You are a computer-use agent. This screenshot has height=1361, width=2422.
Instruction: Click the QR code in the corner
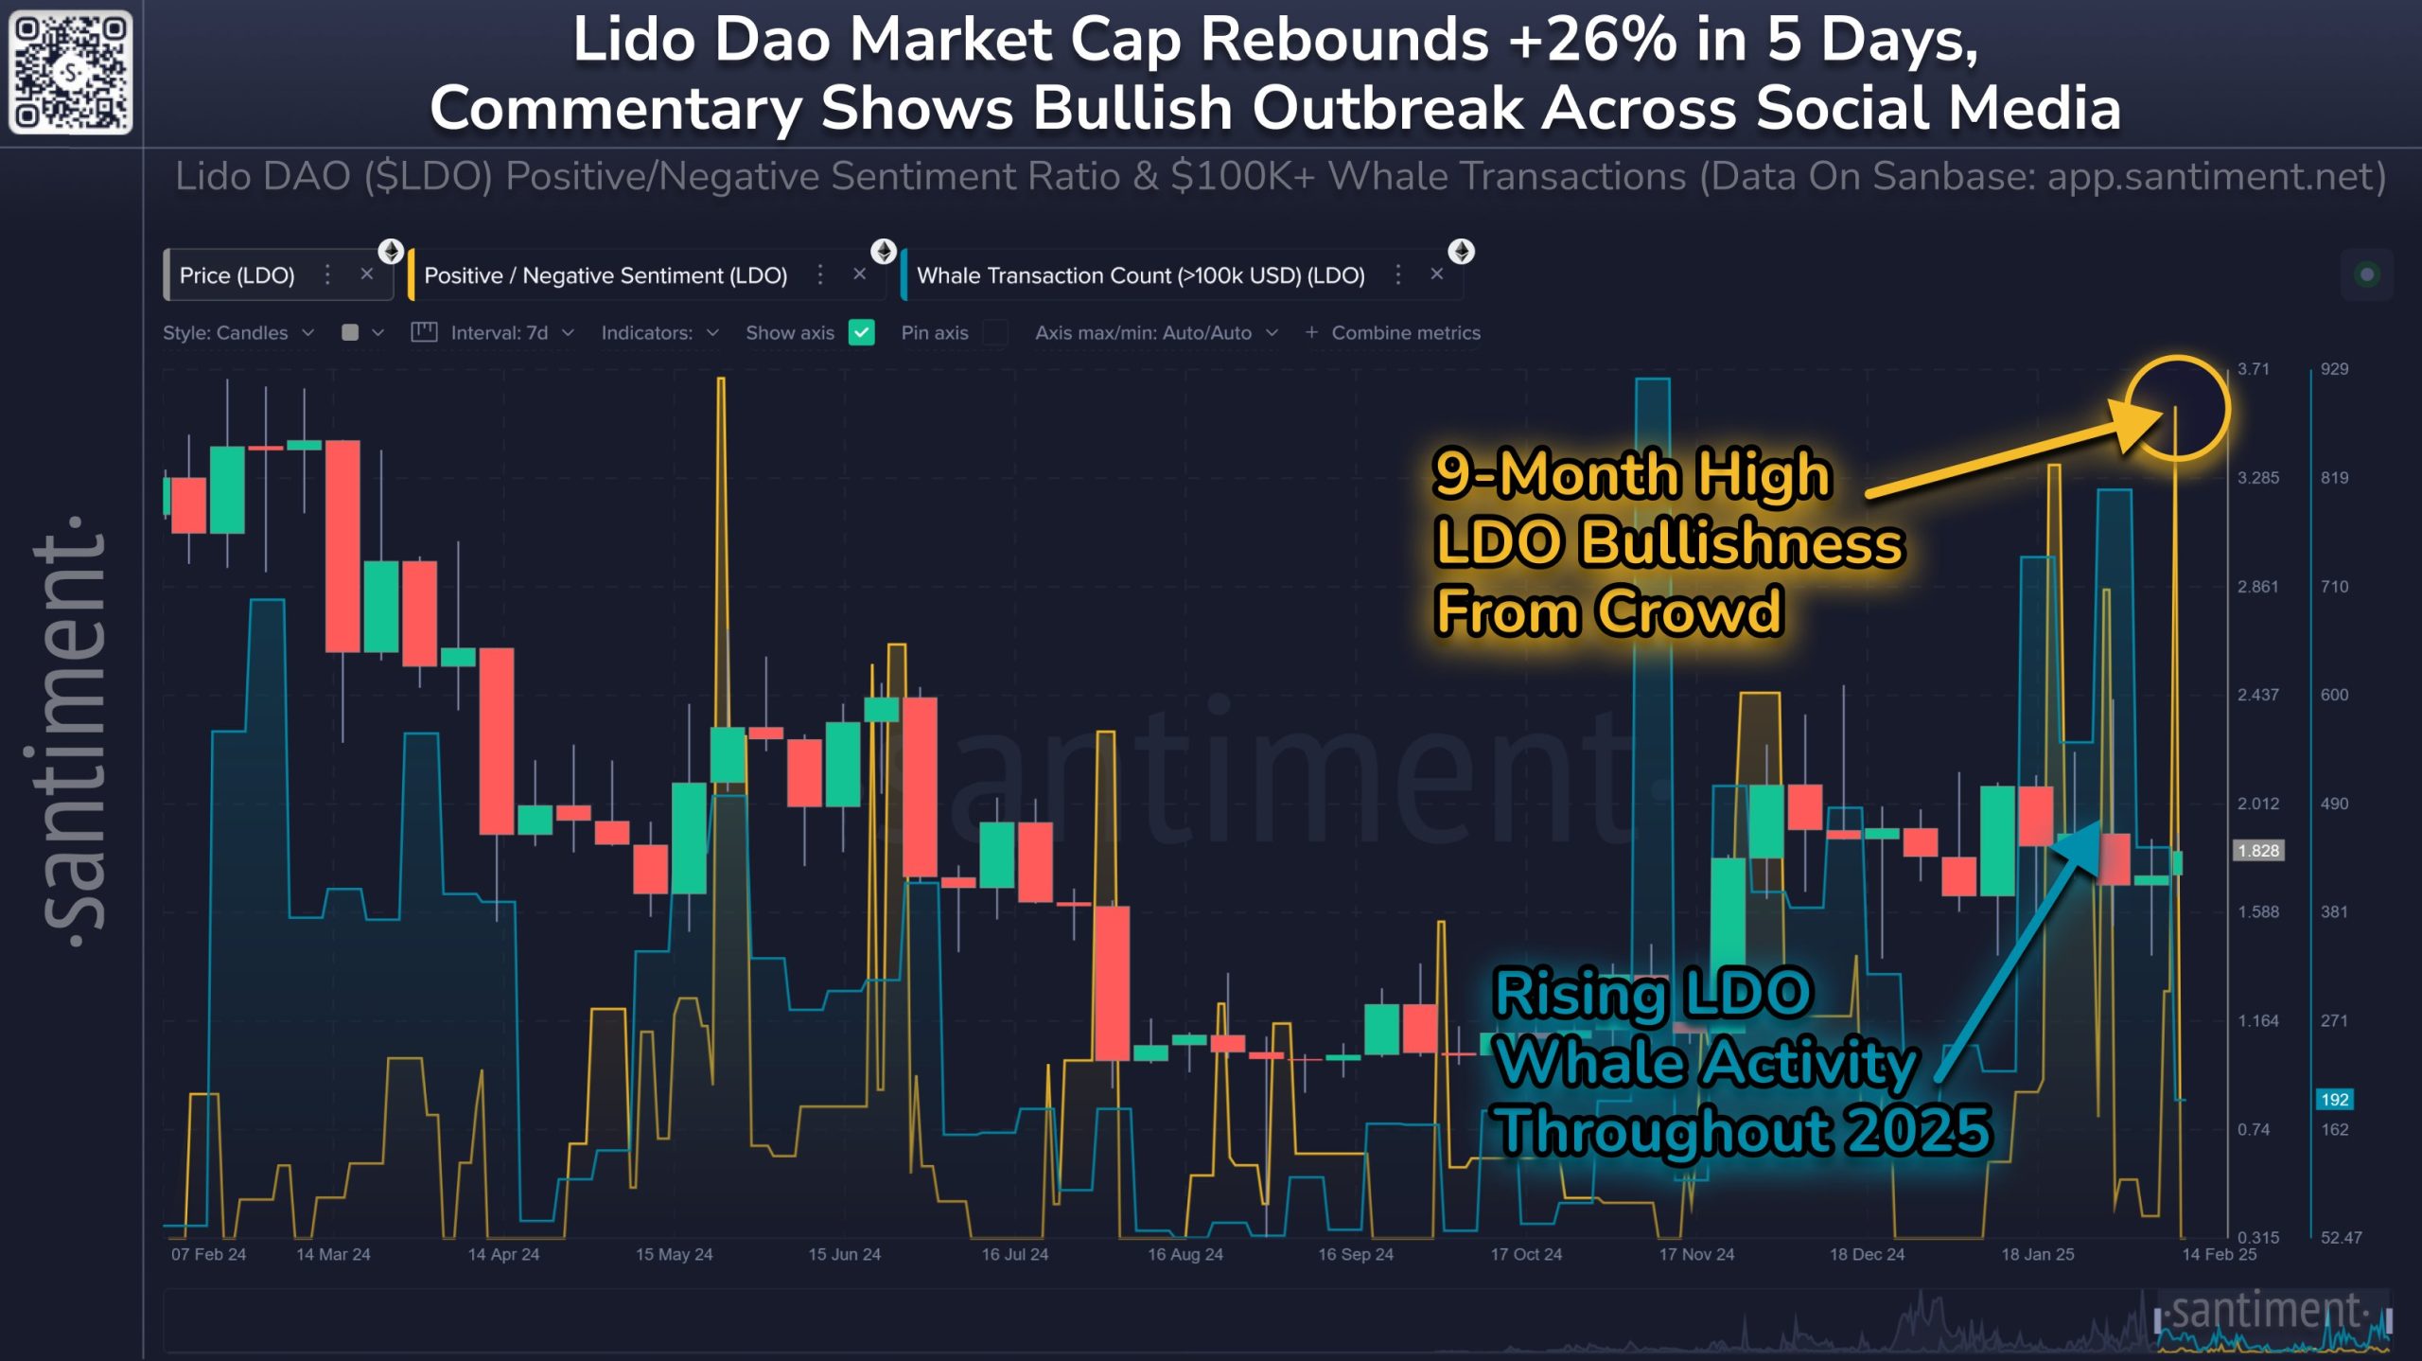click(70, 72)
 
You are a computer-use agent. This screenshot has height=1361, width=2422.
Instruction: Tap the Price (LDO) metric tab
click(237, 275)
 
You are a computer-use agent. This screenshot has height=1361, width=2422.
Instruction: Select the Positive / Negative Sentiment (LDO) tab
click(605, 275)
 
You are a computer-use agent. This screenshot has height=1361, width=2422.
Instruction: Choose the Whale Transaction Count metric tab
click(1140, 275)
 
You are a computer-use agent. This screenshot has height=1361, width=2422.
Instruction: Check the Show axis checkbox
click(861, 333)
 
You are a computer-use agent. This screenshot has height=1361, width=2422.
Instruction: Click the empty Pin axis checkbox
click(994, 333)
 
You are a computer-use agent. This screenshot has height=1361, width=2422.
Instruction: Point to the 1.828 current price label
click(2258, 851)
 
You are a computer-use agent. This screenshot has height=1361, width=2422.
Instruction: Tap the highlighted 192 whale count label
click(2334, 1100)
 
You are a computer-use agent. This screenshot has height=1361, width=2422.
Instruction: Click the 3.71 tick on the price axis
click(2254, 369)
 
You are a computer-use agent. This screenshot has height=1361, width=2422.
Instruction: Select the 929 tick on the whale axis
click(2334, 369)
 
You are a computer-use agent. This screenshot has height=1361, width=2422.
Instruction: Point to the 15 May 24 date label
click(674, 1255)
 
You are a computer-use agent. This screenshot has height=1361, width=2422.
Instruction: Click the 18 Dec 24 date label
click(1867, 1255)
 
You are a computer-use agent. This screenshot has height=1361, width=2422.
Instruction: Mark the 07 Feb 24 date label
click(208, 1255)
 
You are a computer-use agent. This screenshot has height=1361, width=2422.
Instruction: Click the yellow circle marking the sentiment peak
click(2177, 408)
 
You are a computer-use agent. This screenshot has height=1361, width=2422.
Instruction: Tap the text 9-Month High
click(1632, 474)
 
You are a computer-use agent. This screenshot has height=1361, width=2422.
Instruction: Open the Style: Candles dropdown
click(237, 333)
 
